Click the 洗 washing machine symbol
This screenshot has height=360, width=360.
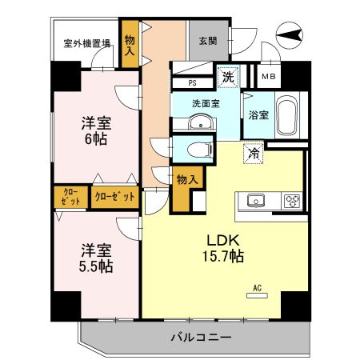tap(229, 77)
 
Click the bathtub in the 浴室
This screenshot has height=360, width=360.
tap(286, 118)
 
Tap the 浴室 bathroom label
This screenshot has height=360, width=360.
tap(258, 114)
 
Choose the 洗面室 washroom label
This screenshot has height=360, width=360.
tap(205, 104)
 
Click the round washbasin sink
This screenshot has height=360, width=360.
tap(202, 123)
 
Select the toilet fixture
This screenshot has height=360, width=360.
tap(196, 148)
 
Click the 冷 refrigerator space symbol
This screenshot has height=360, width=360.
tap(254, 152)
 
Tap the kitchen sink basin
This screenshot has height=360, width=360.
tap(257, 201)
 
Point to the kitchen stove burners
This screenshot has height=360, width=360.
tap(290, 201)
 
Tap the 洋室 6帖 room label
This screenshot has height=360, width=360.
tap(94, 130)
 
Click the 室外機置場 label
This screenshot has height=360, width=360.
tap(87, 44)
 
